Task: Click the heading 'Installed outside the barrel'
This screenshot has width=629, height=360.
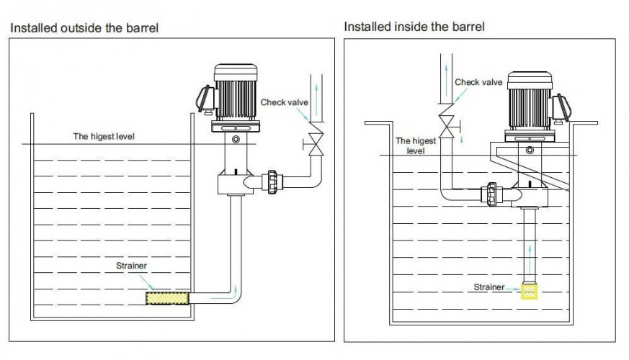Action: point(84,28)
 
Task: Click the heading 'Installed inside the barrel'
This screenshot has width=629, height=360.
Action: point(414,27)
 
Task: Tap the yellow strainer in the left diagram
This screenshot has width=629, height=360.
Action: point(168,297)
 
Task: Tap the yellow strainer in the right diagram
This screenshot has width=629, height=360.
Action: point(530,292)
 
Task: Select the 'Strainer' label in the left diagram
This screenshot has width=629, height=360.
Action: point(132,266)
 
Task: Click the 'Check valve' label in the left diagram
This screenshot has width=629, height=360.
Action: point(284,102)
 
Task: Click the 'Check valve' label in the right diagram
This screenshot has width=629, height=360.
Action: point(478,82)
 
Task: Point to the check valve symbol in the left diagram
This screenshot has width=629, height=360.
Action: point(314,138)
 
